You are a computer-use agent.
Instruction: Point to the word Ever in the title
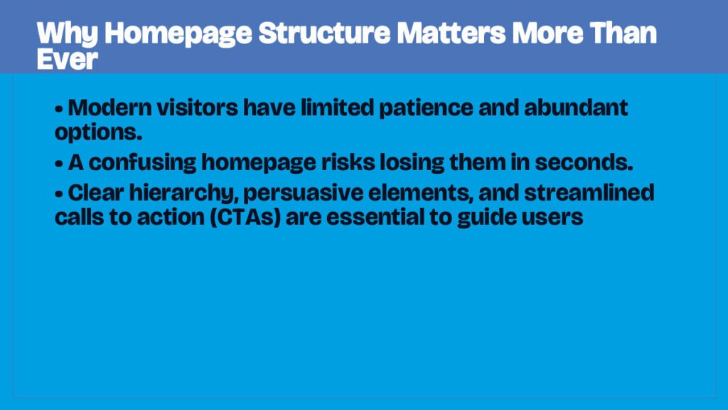coord(66,60)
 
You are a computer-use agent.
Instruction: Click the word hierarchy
coord(180,193)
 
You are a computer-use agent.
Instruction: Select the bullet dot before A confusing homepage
coord(59,163)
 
